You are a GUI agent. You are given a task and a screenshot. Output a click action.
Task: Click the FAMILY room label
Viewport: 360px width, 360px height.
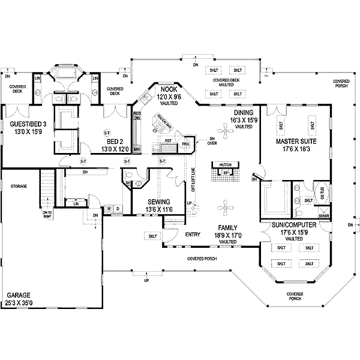(228, 228)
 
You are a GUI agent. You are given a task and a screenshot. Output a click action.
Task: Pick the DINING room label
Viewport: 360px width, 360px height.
(243, 112)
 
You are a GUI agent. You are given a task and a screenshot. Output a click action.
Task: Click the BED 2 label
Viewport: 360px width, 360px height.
(113, 142)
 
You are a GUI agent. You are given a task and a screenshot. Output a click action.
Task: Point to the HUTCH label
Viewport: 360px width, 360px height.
(225, 164)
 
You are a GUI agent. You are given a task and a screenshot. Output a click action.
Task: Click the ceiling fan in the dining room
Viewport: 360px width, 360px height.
(225, 136)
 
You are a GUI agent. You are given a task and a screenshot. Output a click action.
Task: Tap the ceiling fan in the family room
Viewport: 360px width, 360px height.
(225, 209)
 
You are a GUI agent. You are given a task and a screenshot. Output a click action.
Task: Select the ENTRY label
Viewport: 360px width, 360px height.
(193, 234)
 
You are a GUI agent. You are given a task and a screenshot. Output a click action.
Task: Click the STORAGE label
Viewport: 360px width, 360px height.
(18, 187)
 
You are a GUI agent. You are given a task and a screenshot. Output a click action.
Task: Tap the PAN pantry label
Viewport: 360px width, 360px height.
(186, 144)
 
